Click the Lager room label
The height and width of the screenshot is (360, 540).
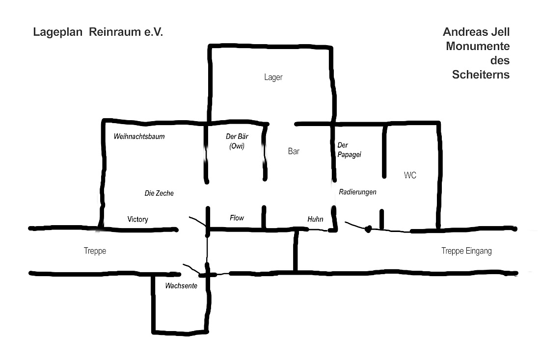point(273,77)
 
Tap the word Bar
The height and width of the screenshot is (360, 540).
point(294,152)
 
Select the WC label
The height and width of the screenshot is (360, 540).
point(410,175)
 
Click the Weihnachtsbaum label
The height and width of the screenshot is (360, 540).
point(139,136)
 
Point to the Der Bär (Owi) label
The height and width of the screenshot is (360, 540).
point(237,141)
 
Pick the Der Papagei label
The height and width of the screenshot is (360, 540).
point(350,150)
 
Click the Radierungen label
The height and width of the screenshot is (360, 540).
point(358,192)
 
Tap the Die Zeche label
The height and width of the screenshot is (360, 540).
point(159,193)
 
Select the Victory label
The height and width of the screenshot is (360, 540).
point(137,219)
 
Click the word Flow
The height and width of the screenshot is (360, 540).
point(237,218)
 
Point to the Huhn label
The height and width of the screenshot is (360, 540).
point(315,219)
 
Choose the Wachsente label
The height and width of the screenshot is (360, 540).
point(181,286)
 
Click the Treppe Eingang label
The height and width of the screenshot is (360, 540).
point(466,251)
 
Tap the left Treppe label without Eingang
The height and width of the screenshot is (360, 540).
point(95,251)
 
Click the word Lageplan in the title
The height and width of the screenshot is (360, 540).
point(56,32)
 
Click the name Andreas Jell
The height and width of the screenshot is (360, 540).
point(476,32)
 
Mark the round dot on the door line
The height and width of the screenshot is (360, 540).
point(368,228)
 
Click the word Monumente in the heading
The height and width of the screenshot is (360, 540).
point(478,46)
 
